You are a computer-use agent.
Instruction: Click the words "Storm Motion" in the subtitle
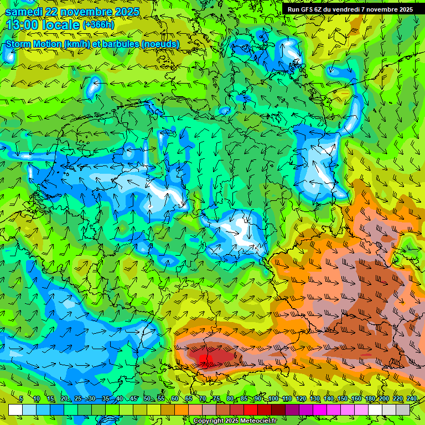33,44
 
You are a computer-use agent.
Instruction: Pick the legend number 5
20,399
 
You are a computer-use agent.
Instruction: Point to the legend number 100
273,399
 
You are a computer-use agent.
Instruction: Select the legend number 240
412,399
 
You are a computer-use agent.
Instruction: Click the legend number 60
175,399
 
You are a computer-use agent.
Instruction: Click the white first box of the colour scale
15,410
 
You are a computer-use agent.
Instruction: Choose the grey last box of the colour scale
403,410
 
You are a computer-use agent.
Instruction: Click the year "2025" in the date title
124,12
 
